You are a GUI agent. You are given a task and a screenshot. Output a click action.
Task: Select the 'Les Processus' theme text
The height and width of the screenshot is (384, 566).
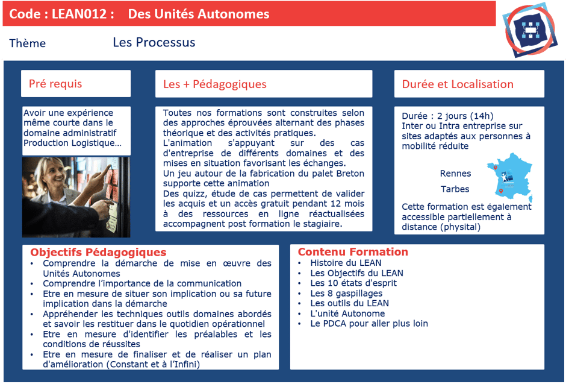tap(154, 42)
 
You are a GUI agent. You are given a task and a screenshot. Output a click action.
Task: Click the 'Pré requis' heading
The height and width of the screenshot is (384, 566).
tap(55, 84)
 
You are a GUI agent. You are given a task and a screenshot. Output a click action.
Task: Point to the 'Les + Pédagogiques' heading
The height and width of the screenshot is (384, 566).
tap(214, 84)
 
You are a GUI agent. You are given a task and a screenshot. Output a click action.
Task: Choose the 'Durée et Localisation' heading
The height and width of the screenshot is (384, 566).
tap(458, 84)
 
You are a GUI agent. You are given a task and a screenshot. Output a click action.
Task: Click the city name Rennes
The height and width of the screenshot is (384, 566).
tap(455, 174)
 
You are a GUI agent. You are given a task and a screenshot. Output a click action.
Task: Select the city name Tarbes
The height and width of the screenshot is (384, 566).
tap(455, 189)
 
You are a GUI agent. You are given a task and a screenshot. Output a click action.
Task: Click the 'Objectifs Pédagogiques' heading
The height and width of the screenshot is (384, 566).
tap(98, 253)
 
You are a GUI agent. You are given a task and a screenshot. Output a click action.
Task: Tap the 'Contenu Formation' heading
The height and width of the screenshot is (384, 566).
tap(353, 252)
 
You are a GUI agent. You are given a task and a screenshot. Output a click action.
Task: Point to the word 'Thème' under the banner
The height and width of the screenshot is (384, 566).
tap(28, 43)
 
